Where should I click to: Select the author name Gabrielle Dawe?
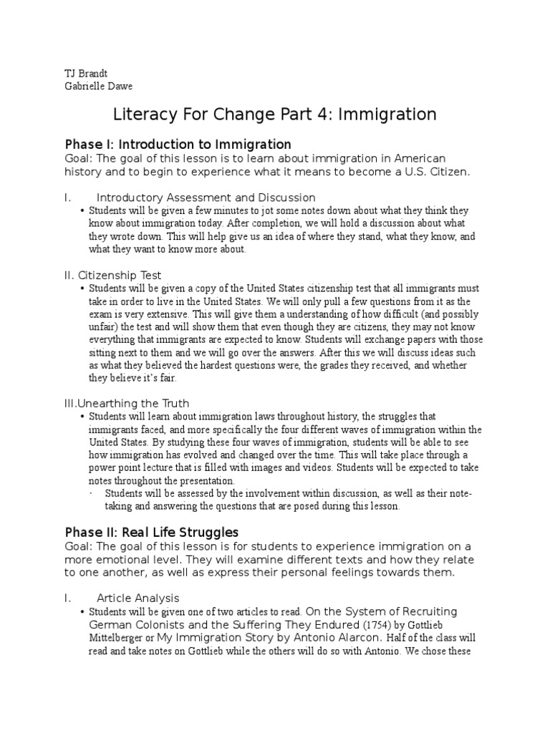pos(98,87)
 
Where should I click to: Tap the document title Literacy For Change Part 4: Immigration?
pos(275,114)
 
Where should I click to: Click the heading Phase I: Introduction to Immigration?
pos(178,144)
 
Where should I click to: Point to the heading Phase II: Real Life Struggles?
pos(152,532)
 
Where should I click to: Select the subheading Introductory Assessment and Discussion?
pos(206,197)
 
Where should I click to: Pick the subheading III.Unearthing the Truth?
pos(127,403)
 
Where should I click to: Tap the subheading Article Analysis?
pos(137,597)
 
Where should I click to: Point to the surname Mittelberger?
pos(121,638)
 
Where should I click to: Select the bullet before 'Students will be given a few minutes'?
pos(83,211)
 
